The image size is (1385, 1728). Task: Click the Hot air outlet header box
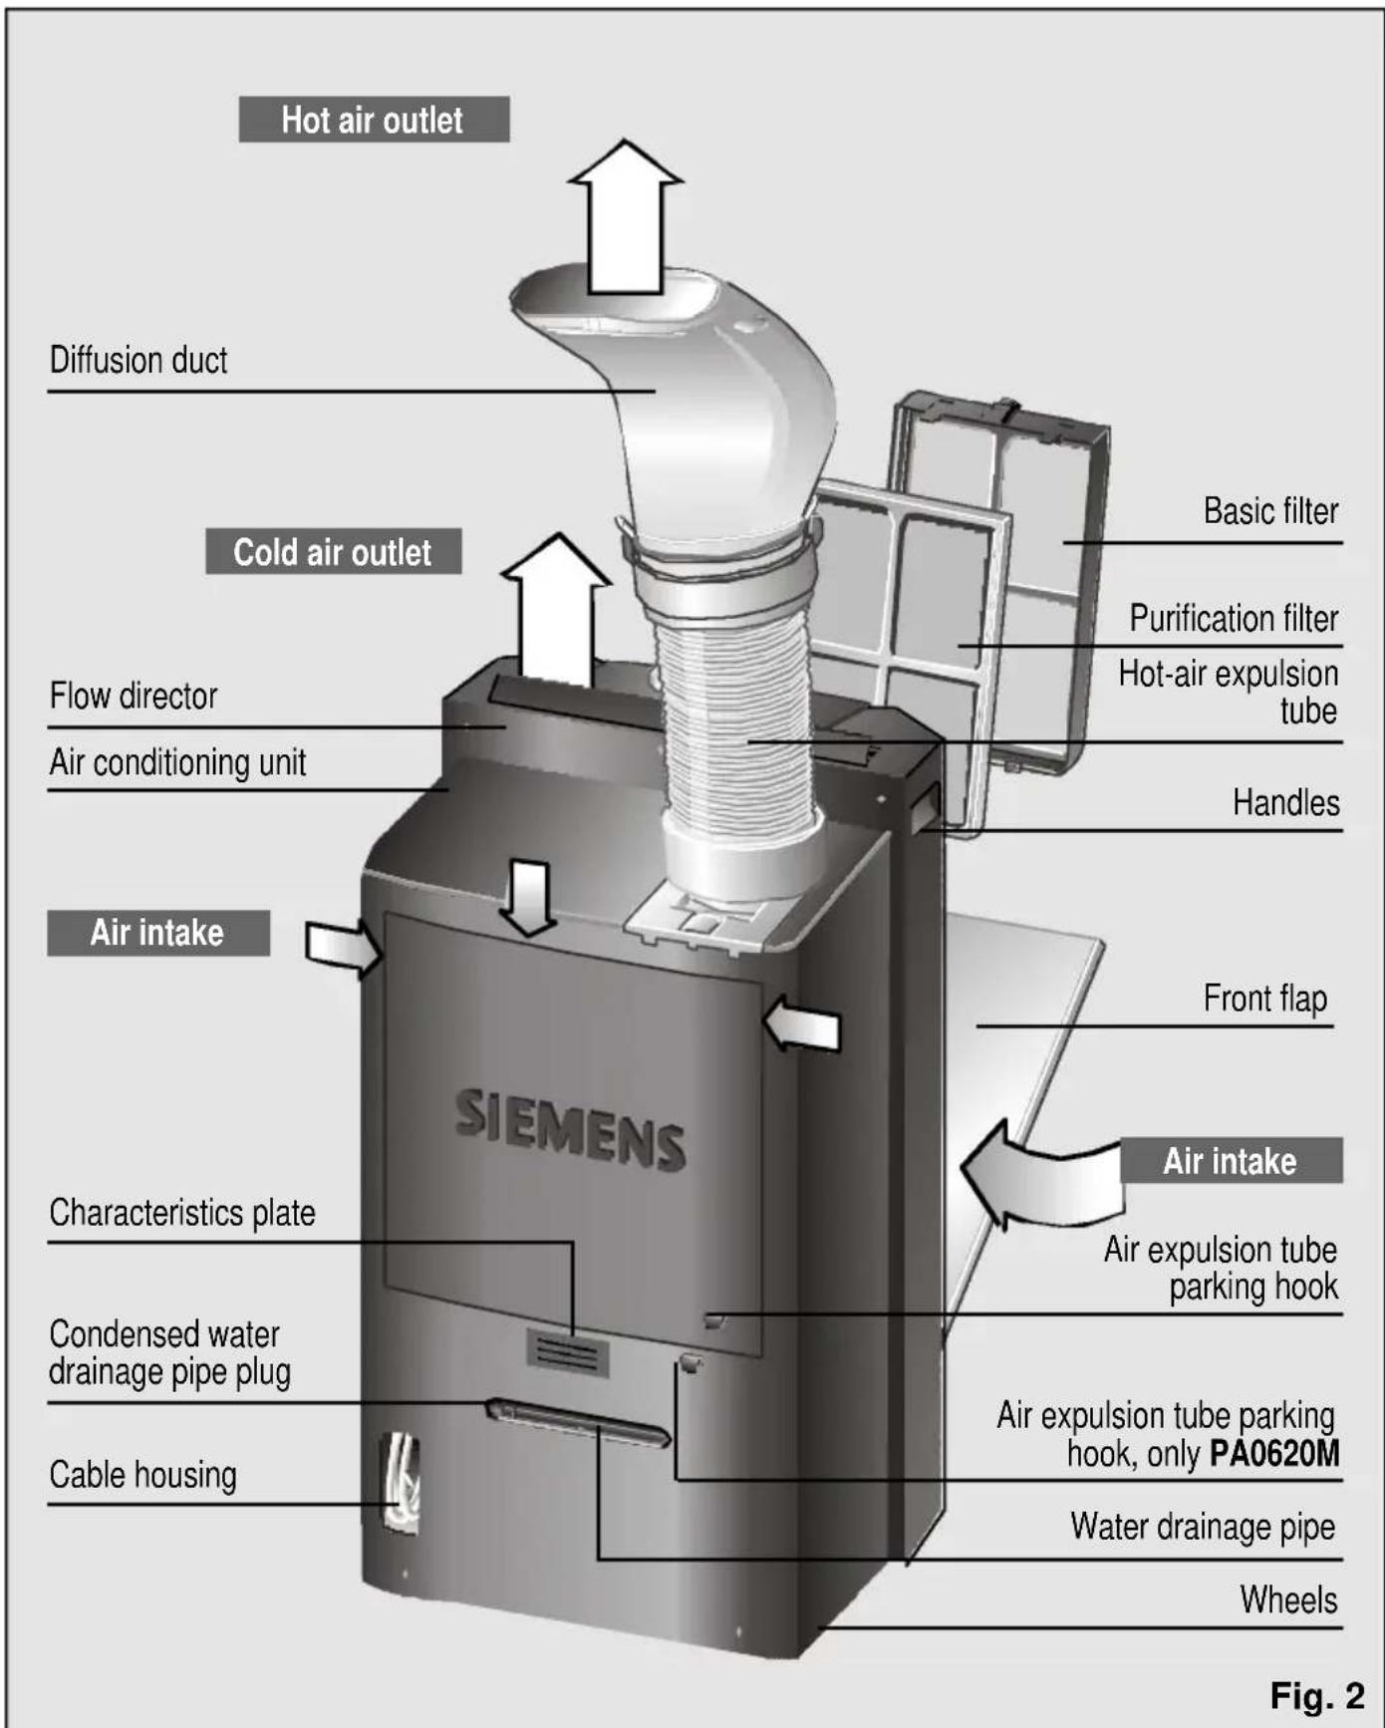pos(374,120)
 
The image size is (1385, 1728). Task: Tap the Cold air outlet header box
pos(333,551)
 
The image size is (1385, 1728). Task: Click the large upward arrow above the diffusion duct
pos(626,219)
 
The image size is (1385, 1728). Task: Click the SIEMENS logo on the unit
pos(570,1129)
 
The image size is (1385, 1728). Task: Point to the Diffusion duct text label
pos(138,360)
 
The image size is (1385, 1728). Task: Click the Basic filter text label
pos(1270,511)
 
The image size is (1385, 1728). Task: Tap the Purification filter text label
pos(1233,619)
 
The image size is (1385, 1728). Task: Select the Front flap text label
pos(1264,999)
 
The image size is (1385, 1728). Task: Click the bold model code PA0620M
pos(1274,1454)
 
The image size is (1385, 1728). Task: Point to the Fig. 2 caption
pos(1316,1695)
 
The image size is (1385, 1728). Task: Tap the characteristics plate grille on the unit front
pos(567,1353)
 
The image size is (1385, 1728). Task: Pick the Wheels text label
pos(1288,1600)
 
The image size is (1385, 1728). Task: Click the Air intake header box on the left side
pos(157,933)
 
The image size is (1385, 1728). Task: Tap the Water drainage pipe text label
pos(1203,1527)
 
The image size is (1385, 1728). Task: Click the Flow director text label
pos(134,696)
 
